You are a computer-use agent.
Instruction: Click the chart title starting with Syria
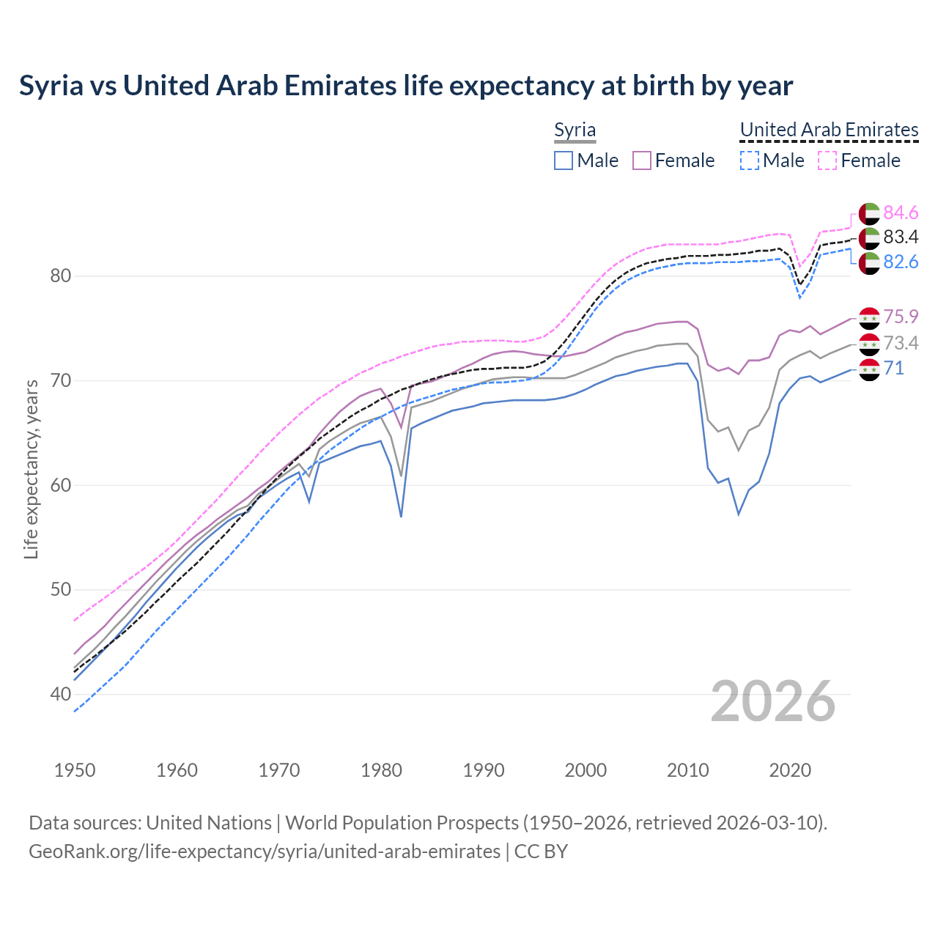406,86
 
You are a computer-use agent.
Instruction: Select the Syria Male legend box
563,160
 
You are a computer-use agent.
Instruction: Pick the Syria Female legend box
642,160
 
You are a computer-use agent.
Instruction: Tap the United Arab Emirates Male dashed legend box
749,160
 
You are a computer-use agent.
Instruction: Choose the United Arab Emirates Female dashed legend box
827,160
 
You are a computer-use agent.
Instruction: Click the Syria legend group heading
575,130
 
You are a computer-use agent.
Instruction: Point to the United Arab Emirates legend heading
829,130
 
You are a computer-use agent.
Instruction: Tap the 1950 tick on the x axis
75,770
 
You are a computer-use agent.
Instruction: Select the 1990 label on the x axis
484,770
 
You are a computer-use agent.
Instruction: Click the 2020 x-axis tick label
790,770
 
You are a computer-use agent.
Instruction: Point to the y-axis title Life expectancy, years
31,469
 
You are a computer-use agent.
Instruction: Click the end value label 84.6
901,213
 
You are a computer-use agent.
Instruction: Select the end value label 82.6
901,262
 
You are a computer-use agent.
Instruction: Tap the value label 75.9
901,317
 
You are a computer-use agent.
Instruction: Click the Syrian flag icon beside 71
869,369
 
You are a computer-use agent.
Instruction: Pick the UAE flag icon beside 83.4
869,237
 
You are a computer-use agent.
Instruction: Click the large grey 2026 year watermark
773,701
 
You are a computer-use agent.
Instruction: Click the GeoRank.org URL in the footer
265,852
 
